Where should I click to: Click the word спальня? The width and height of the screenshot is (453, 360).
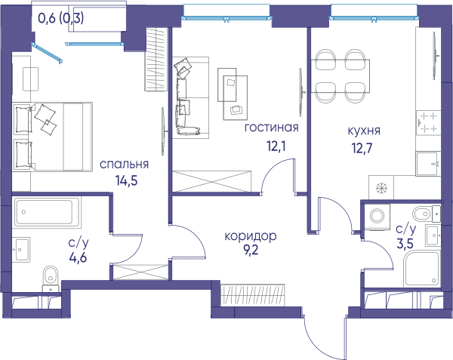(x=125, y=165)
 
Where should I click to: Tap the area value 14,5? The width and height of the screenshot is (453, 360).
(x=127, y=180)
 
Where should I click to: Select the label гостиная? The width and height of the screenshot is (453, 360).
(x=271, y=128)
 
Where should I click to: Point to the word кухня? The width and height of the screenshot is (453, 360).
(x=364, y=131)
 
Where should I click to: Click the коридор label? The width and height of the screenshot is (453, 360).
(x=251, y=236)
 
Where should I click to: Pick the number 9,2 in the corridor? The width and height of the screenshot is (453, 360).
(x=251, y=250)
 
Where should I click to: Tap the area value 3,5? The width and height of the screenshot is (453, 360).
(x=405, y=244)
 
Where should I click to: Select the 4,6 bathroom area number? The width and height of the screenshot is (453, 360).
(x=78, y=257)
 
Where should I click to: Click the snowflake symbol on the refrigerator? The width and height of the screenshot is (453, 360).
(x=381, y=188)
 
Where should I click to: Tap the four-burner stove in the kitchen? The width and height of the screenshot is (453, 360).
(x=428, y=123)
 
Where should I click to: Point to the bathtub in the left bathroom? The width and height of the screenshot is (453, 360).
(x=47, y=212)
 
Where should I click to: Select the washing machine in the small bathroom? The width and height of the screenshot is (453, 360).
(x=377, y=217)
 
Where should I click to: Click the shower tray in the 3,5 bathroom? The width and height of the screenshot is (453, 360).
(x=422, y=269)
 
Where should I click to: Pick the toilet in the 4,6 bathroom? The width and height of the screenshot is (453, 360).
(x=51, y=278)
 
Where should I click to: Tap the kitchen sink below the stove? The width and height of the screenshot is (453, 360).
(x=428, y=164)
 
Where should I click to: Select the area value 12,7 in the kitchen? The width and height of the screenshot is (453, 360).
(x=362, y=149)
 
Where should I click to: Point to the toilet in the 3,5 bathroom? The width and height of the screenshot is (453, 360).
(x=426, y=214)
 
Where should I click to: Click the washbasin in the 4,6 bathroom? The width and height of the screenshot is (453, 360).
(x=21, y=250)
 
